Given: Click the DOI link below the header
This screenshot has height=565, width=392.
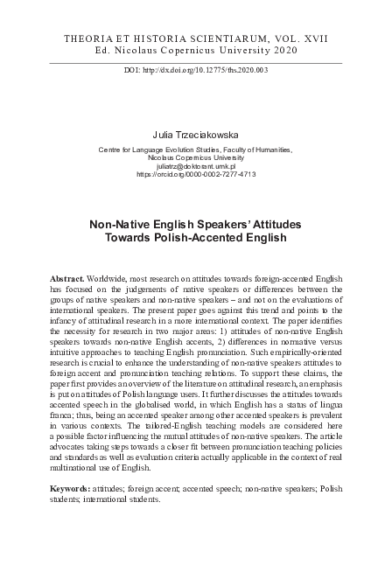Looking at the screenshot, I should [x=196, y=69].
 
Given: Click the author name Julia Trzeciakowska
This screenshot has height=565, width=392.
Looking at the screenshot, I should [x=196, y=136].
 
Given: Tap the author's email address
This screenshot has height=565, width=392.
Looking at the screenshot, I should [x=195, y=165].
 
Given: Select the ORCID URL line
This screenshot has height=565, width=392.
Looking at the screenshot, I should [x=195, y=175].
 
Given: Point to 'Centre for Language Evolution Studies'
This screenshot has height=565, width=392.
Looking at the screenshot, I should [x=153, y=150].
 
